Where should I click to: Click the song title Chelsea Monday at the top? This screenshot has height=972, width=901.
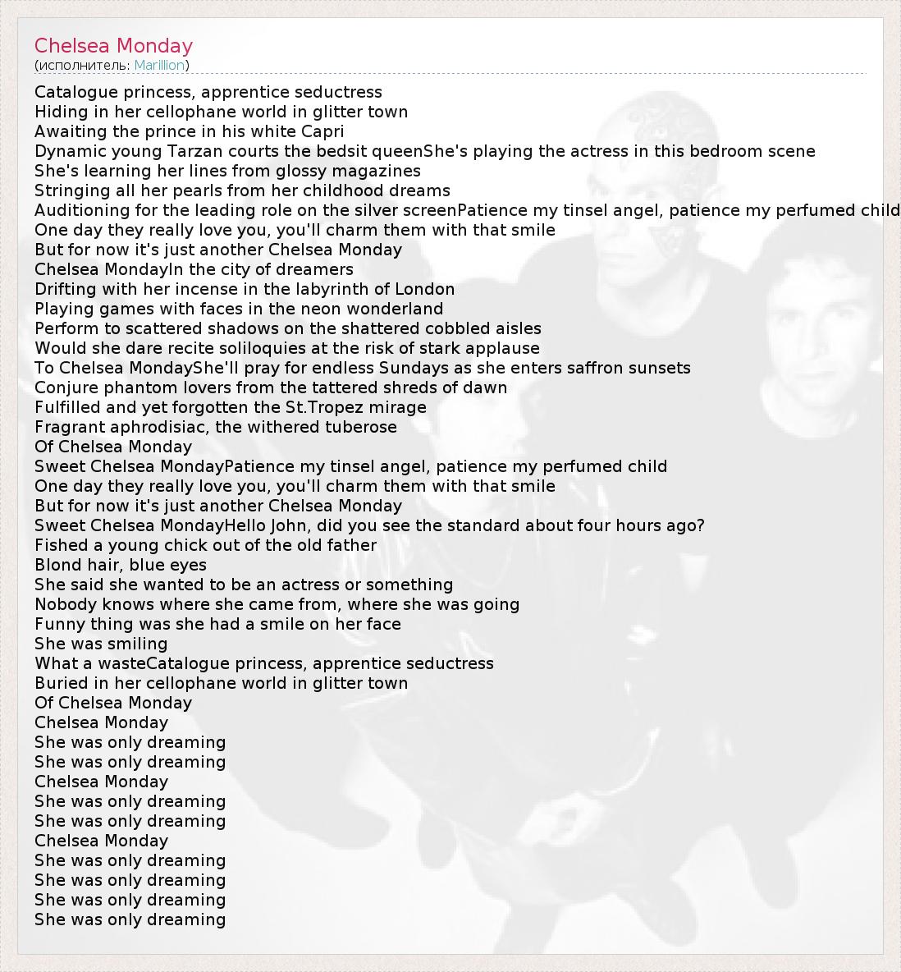(113, 46)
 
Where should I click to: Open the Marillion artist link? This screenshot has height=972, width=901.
(159, 65)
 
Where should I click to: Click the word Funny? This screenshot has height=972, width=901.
(57, 624)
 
